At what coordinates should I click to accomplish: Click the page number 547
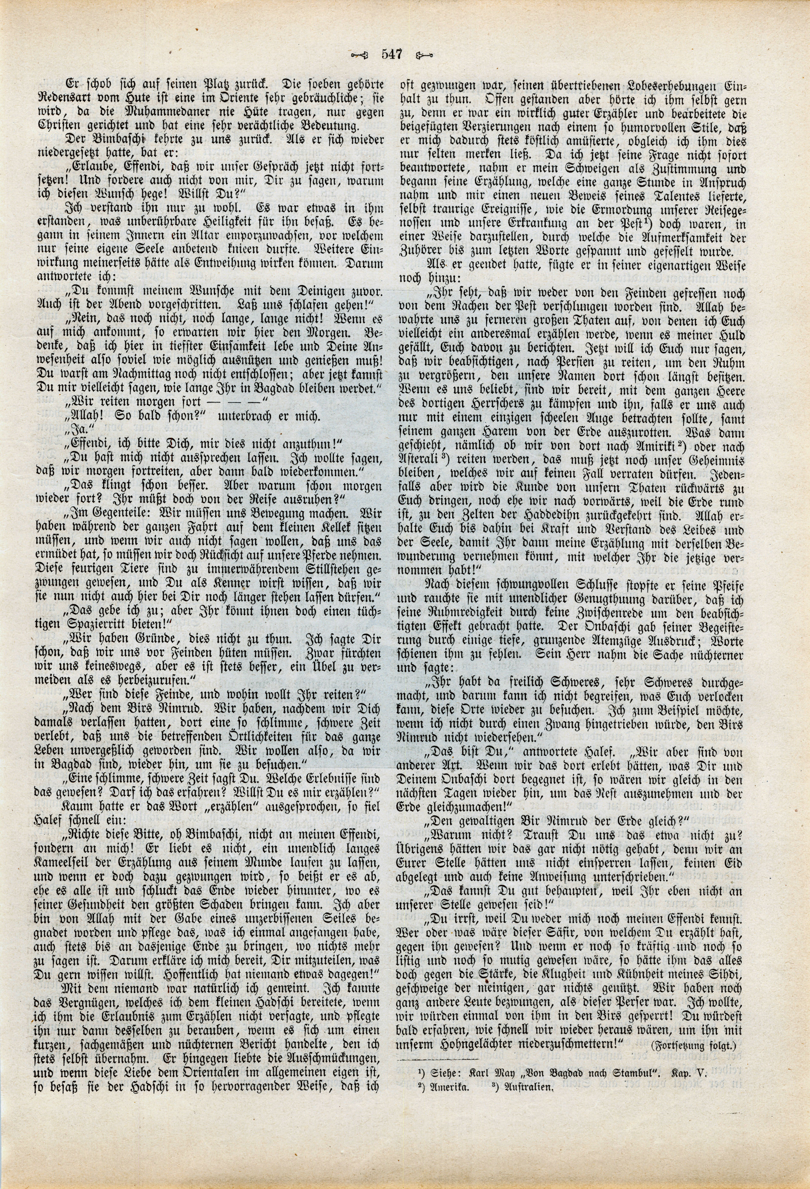392,54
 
